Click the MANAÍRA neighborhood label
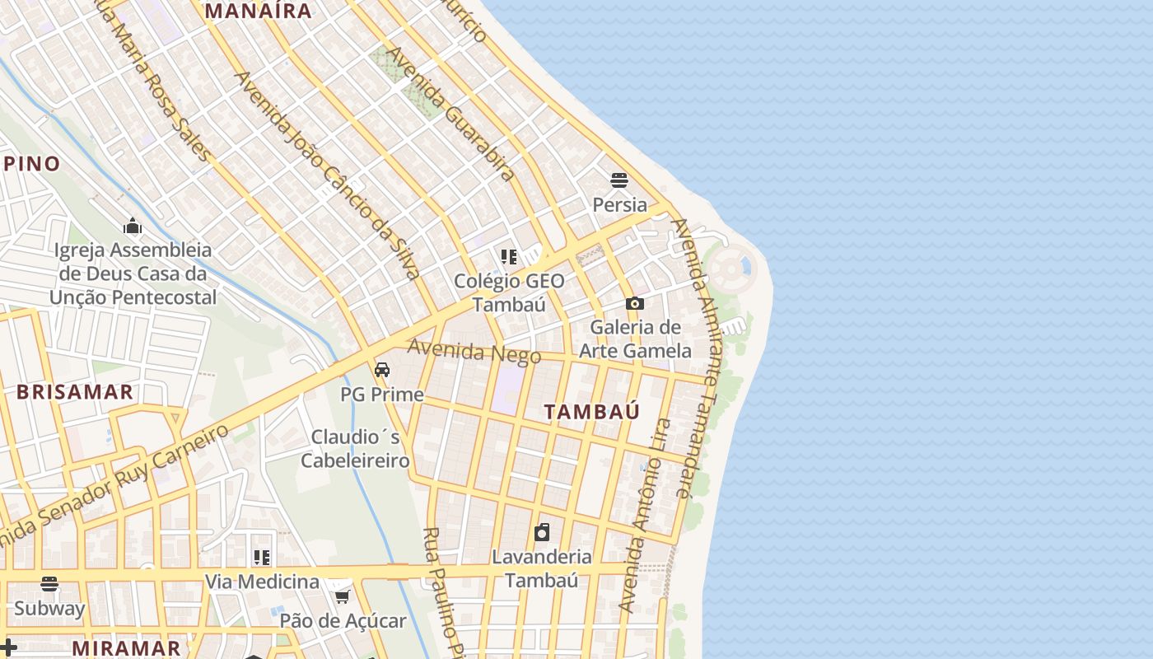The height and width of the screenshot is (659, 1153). (259, 11)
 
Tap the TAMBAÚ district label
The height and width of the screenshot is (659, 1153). (591, 412)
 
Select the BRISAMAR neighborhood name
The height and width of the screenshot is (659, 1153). (75, 391)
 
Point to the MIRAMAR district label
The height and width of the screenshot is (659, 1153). (126, 647)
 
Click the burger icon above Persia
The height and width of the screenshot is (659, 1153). (619, 180)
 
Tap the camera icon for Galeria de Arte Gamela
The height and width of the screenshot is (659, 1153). (634, 303)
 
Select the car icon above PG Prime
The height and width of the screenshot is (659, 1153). (382, 370)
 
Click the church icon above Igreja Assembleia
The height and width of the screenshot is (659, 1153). (133, 227)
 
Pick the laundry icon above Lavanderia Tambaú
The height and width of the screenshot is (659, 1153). (542, 532)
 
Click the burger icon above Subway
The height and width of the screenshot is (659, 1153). (49, 584)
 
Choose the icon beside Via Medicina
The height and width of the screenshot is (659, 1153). (262, 558)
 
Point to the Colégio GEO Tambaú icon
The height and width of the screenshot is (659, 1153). (509, 257)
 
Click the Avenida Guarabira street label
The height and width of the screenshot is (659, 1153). (451, 114)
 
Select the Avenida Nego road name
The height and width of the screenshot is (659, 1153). (474, 352)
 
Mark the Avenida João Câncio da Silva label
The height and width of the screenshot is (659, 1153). (329, 175)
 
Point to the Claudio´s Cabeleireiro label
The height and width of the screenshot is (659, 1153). (355, 448)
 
